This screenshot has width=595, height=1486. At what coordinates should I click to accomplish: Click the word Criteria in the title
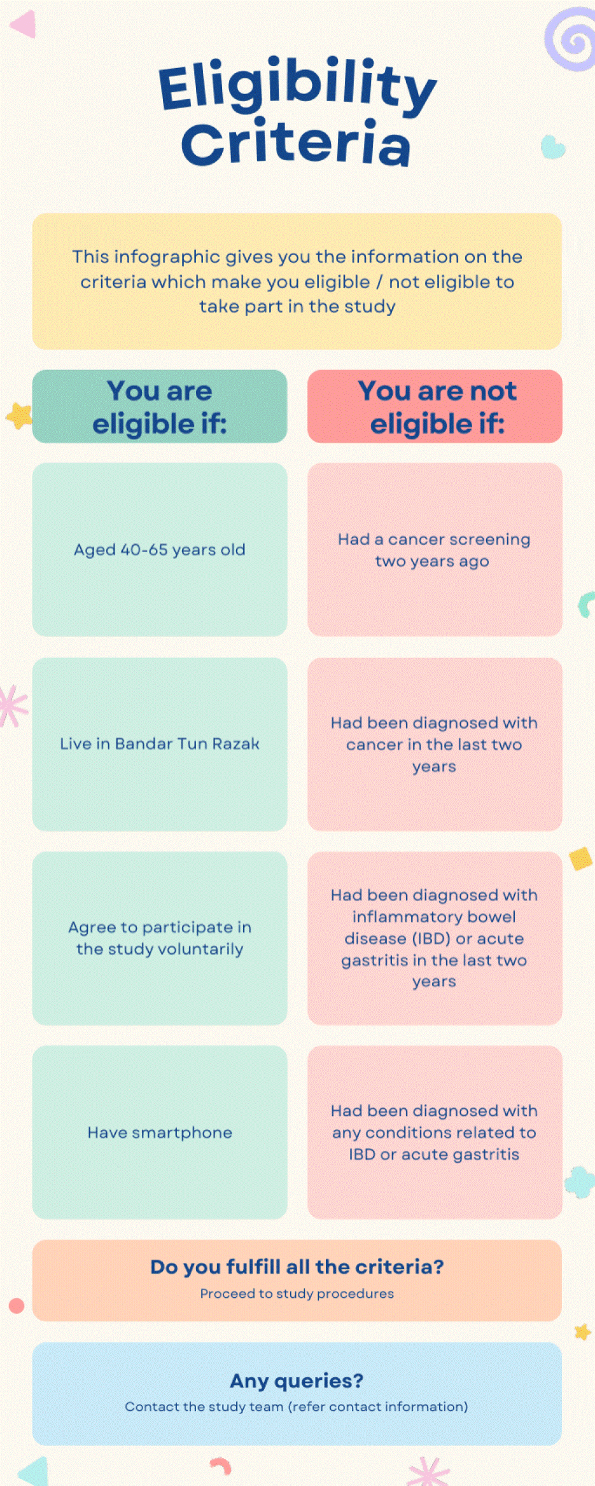296,142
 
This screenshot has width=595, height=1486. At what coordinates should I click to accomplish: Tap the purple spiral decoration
571,39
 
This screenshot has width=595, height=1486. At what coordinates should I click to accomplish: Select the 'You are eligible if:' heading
160,407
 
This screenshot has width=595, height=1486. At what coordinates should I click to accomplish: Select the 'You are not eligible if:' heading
437,407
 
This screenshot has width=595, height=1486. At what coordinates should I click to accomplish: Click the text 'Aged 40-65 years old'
160,550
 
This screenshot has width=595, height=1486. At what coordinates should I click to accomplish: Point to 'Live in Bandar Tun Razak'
160,744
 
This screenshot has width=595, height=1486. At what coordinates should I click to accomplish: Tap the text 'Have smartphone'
160,1132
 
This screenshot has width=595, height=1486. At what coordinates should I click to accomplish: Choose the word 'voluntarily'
200,949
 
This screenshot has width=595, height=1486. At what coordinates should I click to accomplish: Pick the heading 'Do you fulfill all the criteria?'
297,1267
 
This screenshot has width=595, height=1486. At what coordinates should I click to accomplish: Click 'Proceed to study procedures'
297,1294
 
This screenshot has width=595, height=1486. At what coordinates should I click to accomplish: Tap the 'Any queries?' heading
297,1382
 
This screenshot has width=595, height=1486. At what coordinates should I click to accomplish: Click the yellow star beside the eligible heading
19,416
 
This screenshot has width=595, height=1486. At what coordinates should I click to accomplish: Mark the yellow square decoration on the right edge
581,858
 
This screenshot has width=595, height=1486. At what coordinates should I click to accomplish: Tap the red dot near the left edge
17,1306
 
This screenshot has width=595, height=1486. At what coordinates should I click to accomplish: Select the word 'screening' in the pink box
490,540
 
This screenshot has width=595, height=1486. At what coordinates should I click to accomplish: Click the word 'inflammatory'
434,918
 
